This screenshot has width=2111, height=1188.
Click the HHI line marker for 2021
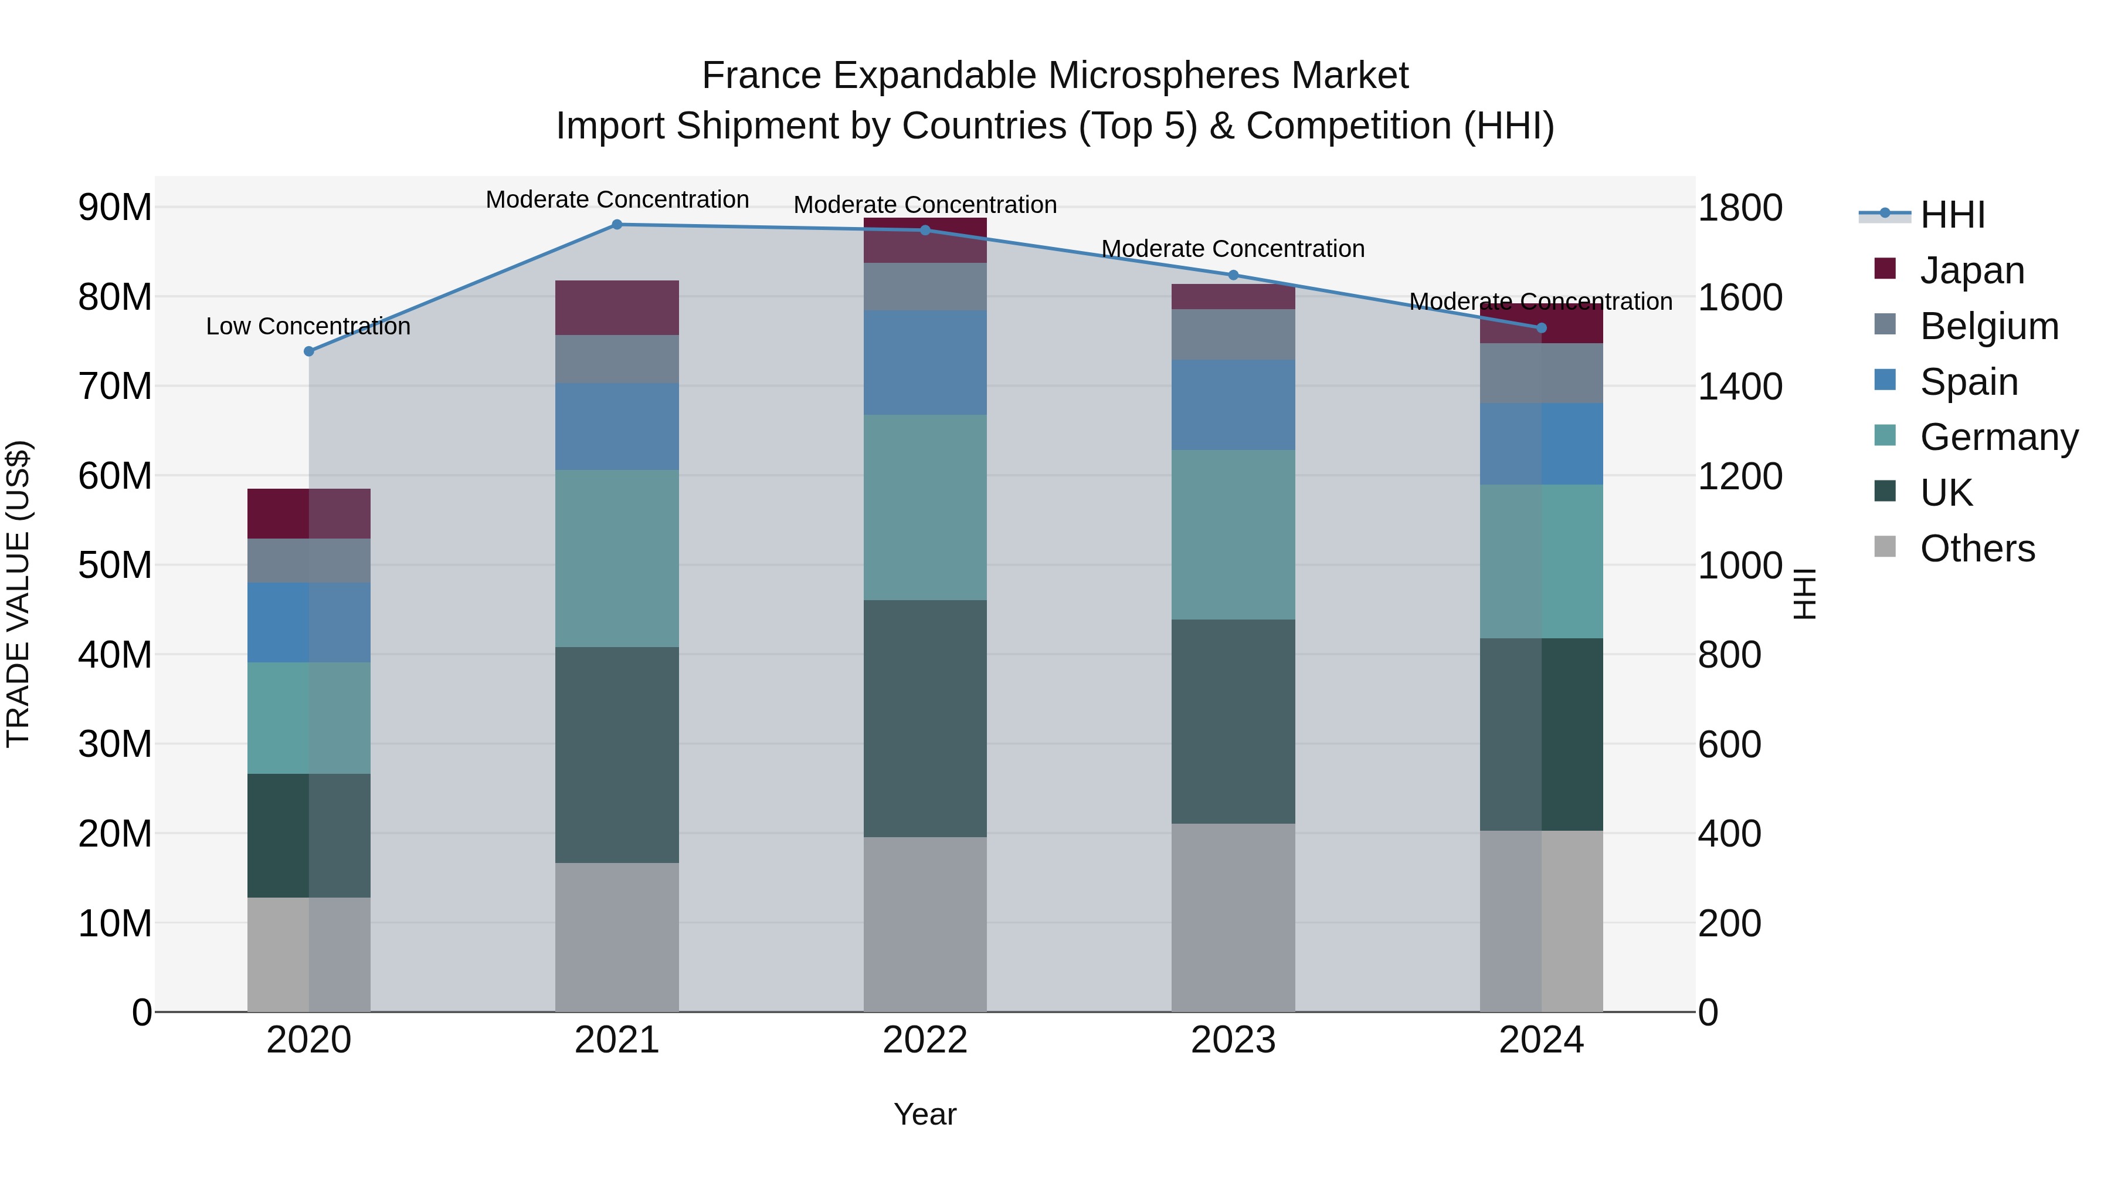617,225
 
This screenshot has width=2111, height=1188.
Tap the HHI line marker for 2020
309,352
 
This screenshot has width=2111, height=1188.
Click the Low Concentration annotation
308,326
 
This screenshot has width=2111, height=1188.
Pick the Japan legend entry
1971,270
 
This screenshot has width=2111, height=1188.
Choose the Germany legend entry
1998,437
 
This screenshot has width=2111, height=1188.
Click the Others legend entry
1977,549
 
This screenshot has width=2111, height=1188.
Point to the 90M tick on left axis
115,208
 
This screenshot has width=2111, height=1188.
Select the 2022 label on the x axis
925,1040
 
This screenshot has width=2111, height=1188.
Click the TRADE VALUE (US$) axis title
18,594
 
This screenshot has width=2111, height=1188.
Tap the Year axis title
925,1114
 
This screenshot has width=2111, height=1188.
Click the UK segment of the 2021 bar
617,754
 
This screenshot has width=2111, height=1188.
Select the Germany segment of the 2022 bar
925,507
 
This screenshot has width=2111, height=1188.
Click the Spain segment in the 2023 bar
1233,404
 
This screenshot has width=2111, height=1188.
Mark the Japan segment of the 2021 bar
617,307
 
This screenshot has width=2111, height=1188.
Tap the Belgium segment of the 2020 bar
309,561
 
